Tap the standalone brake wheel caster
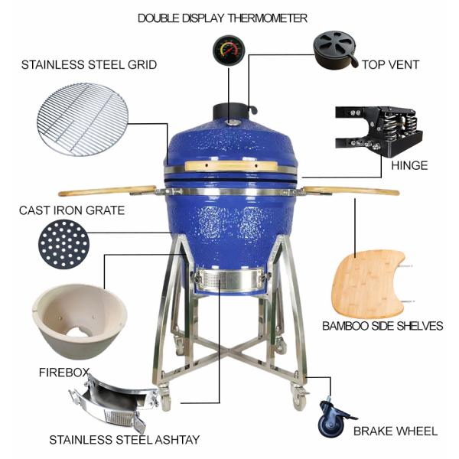[x=334, y=418]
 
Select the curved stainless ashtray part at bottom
[x=109, y=405]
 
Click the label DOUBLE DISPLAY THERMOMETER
[x=223, y=18]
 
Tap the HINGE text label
[x=409, y=165]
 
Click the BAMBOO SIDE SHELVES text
[x=382, y=326]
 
